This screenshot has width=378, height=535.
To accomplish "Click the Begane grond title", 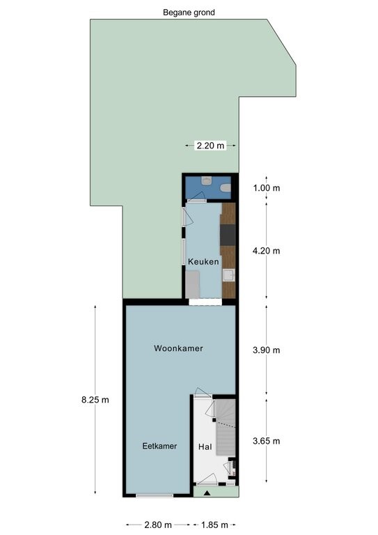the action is pyautogui.click(x=189, y=13).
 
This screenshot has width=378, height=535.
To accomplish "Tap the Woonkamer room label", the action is pyautogui.click(x=178, y=348).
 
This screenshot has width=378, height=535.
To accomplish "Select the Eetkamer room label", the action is pyautogui.click(x=159, y=446).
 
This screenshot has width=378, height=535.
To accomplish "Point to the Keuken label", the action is pyautogui.click(x=203, y=262).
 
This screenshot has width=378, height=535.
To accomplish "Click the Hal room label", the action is pyautogui.click(x=205, y=447).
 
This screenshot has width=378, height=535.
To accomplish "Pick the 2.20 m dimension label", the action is pyautogui.click(x=211, y=146).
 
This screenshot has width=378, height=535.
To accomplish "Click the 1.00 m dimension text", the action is pyautogui.click(x=267, y=188).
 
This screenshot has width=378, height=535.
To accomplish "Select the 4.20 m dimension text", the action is pyautogui.click(x=267, y=251).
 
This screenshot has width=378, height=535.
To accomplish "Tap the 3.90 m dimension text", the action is pyautogui.click(x=267, y=350).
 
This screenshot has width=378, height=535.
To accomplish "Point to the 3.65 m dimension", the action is pyautogui.click(x=267, y=441).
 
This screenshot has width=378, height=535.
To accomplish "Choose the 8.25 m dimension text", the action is pyautogui.click(x=95, y=400).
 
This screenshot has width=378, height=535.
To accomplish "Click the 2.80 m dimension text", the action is pyautogui.click(x=158, y=525).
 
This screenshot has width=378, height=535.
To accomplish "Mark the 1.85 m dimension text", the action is pyautogui.click(x=214, y=525).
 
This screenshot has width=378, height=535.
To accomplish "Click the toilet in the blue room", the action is pyautogui.click(x=226, y=188).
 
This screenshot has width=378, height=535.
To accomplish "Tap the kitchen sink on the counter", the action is pyautogui.click(x=229, y=275).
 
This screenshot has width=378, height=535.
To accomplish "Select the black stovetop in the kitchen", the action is pyautogui.click(x=228, y=235).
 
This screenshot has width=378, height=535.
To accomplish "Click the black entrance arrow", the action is pyautogui.click(x=207, y=493).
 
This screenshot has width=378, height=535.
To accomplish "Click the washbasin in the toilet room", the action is pyautogui.click(x=207, y=181).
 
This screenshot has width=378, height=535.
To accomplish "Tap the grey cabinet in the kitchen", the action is pyautogui.click(x=193, y=284).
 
